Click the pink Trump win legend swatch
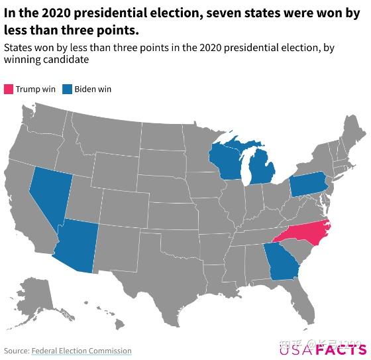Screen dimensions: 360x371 click(x=9, y=90)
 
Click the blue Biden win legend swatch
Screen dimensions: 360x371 click(x=67, y=90)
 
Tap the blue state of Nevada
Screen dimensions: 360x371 click(x=48, y=192)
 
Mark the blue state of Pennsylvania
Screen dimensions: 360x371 click(x=307, y=185)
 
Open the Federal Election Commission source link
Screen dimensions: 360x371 click(x=81, y=351)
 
